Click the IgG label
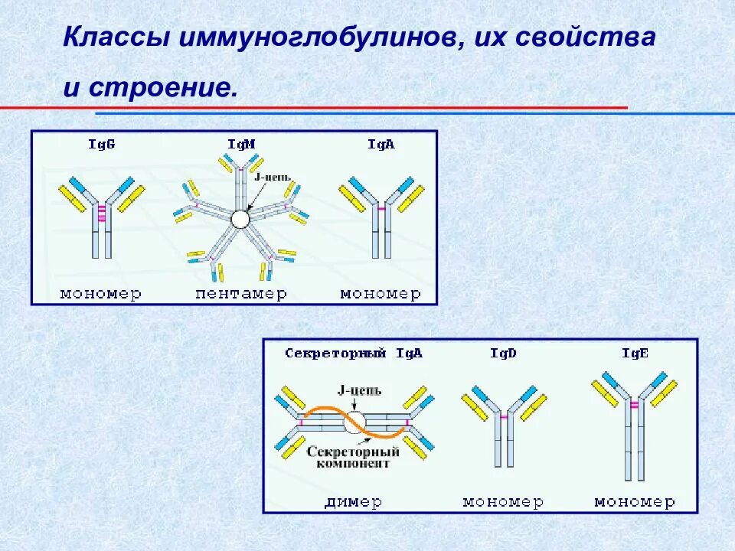pos(102,144)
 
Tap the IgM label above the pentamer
pos(241,144)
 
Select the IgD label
pos(504,354)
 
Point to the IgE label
pos(635,354)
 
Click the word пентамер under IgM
pos(241,294)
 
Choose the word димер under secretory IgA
pos(354,502)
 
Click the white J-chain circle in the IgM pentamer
pos(240,220)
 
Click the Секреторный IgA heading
pos(354,354)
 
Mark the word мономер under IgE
pos(635,502)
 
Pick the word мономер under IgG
pos(101,294)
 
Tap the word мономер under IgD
pos(503,502)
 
